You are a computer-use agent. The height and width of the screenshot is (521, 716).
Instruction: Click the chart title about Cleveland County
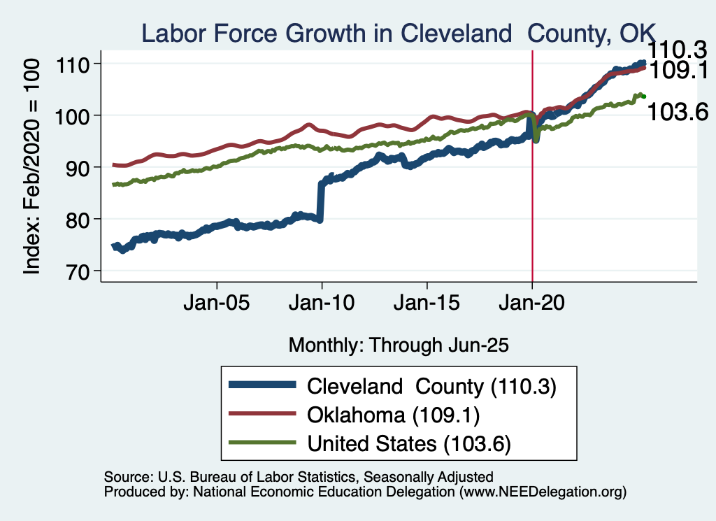pos(398,33)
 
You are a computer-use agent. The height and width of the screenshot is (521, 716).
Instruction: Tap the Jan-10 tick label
pos(322,305)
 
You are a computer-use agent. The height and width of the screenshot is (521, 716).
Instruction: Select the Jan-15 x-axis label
pos(427,305)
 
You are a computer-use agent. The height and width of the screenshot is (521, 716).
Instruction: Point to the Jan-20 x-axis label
pos(532,305)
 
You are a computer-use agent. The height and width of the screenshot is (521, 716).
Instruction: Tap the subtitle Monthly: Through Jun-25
pos(398,345)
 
